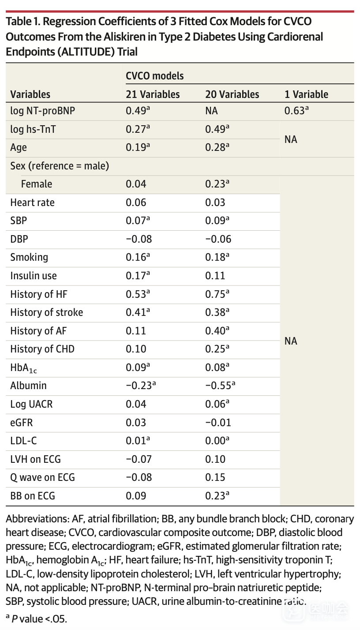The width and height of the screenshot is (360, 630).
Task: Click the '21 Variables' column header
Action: (x=153, y=94)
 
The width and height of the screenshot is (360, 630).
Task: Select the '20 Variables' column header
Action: (x=232, y=94)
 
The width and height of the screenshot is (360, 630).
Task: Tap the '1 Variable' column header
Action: (x=306, y=94)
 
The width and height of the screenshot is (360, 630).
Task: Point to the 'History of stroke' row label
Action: (x=46, y=312)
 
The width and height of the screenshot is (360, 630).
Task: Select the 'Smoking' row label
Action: (x=29, y=257)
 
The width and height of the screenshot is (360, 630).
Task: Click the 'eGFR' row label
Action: (x=22, y=423)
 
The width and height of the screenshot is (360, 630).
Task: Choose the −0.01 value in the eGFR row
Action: (x=218, y=423)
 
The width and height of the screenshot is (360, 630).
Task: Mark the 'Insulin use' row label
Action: (x=34, y=276)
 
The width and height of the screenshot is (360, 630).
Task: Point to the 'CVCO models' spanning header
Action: (x=154, y=76)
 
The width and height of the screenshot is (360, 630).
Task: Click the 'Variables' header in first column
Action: (x=30, y=94)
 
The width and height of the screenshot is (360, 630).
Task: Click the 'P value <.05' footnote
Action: (x=40, y=619)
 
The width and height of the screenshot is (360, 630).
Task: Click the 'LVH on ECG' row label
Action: (x=35, y=459)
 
